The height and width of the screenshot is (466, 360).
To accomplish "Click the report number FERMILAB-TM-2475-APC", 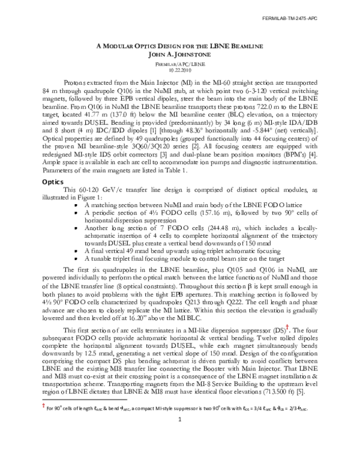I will pos(324,19).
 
